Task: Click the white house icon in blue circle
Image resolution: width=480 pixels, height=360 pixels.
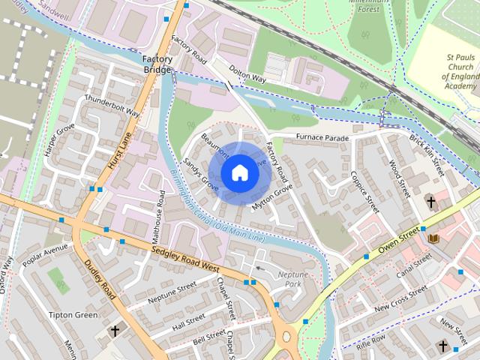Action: (239, 173)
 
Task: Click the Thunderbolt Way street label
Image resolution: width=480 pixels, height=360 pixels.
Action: (112, 106)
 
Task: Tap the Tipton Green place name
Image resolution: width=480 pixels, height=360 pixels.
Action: (73, 315)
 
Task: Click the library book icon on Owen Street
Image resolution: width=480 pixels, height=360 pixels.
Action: (433, 238)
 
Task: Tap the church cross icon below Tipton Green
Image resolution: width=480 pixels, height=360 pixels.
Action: (115, 330)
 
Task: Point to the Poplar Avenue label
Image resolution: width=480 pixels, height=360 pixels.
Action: (45, 254)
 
